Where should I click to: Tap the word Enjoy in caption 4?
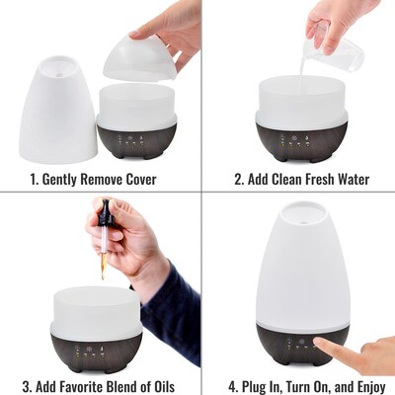tap(365, 384)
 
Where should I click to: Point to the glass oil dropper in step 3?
tap(103, 237)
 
